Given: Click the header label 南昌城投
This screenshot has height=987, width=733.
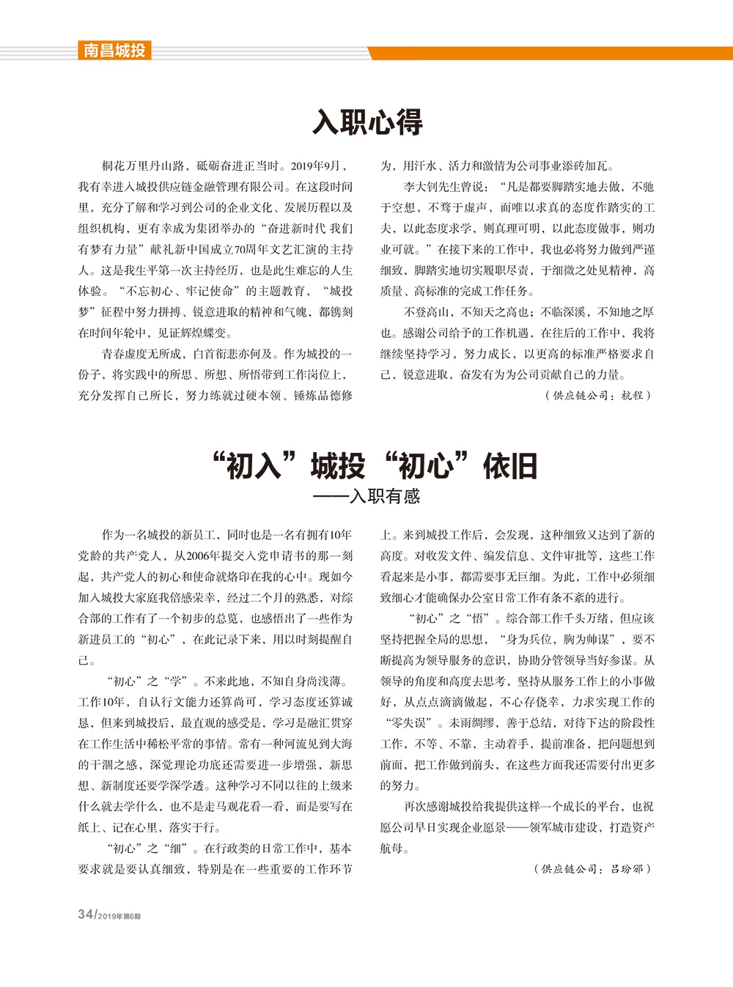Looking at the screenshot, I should point(114,51).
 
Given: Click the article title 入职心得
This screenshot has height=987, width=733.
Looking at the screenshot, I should point(367,122).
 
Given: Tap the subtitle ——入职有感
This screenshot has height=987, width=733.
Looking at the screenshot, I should point(366,496).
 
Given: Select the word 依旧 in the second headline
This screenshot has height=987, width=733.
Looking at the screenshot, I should point(510,466).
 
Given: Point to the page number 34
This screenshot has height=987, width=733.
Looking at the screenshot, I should point(86,915).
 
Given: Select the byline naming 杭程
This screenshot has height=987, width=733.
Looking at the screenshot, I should point(597,395).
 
